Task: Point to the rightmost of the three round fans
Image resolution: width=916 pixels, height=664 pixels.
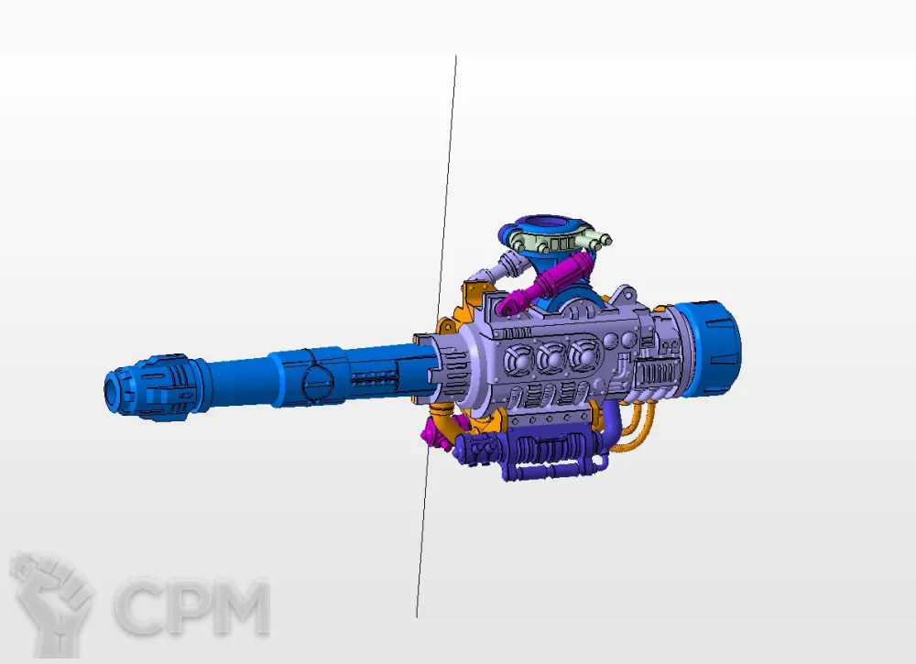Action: [584, 355]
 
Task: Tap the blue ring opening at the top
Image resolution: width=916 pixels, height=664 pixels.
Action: [543, 225]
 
